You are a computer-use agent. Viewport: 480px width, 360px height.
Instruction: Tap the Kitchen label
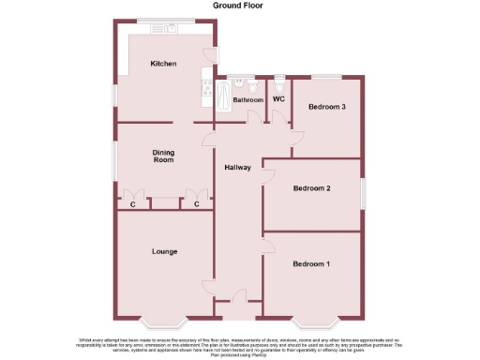[164, 64]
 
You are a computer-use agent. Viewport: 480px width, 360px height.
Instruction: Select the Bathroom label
[248, 99]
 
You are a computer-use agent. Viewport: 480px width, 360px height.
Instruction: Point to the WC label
[278, 98]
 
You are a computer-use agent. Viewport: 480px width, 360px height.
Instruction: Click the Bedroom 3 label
[327, 107]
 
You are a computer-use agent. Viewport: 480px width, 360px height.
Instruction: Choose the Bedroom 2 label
[311, 188]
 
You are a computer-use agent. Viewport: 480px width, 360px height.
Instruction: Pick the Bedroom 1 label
[311, 264]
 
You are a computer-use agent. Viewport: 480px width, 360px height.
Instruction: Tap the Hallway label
[237, 168]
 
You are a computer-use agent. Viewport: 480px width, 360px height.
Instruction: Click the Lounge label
[165, 251]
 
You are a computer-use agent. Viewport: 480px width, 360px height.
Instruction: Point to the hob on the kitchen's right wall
[203, 90]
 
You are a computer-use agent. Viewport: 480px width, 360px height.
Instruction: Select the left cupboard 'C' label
[133, 203]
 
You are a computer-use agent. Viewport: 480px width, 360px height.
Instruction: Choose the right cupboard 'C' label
[197, 203]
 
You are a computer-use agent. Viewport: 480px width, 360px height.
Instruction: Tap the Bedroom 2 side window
[363, 188]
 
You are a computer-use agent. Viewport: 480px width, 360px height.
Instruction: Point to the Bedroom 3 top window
[326, 76]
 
